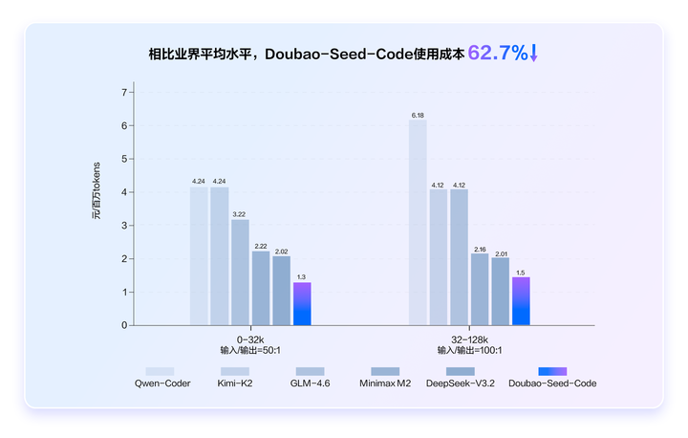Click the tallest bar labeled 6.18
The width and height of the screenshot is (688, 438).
tap(418, 222)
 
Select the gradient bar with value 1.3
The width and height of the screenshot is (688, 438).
tap(302, 303)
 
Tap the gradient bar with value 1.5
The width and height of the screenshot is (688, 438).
tap(521, 300)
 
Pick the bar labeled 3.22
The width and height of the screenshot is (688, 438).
tap(240, 272)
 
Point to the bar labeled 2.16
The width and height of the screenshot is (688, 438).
tap(480, 289)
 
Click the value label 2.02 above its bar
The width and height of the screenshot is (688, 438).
tap(281, 252)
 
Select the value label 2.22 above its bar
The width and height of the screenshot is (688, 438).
tap(261, 246)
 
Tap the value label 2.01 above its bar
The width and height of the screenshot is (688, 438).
tap(500, 252)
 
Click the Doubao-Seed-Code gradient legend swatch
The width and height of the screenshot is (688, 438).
tap(552, 370)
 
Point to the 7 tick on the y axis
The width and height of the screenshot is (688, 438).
tap(123, 93)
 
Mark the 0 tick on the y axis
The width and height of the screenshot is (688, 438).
tap(123, 325)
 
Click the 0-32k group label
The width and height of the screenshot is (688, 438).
tap(249, 339)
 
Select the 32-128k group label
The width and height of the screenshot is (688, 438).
tap(469, 339)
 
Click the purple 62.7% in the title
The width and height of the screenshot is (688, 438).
tap(497, 54)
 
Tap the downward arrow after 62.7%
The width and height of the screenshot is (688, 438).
tap(534, 54)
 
